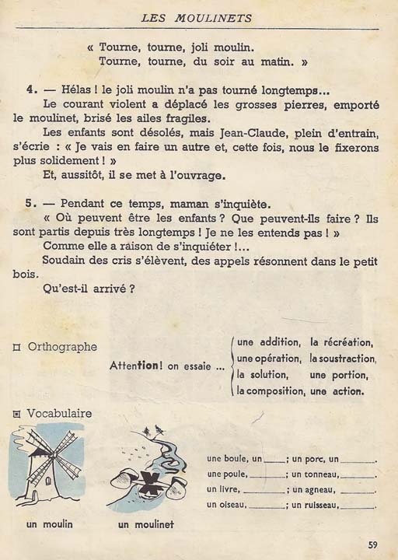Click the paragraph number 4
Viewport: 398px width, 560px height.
[29, 90]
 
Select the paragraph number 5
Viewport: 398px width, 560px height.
[29, 203]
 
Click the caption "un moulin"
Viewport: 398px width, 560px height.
[49, 524]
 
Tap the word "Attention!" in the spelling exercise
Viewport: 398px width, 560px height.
[144, 366]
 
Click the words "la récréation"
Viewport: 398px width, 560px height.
[341, 342]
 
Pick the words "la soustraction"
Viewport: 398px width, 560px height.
[343, 359]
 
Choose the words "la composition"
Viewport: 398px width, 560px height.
[270, 391]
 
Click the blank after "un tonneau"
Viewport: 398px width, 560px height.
[358, 474]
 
